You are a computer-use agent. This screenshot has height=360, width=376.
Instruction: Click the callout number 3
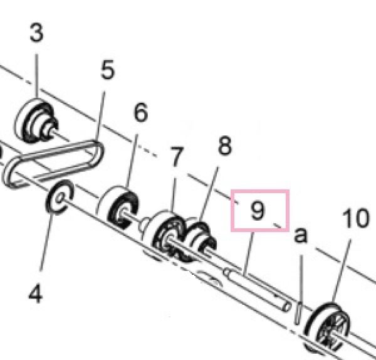[x=36, y=33]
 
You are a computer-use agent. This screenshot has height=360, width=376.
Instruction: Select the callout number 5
[x=108, y=70]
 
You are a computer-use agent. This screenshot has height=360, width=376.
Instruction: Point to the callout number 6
[x=140, y=112]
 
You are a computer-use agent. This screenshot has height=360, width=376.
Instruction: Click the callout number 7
[x=177, y=156]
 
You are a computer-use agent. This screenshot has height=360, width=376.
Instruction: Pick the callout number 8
[x=225, y=146]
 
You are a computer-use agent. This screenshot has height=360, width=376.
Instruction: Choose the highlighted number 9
[x=258, y=210]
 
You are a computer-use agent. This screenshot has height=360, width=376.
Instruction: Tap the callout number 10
[x=355, y=218]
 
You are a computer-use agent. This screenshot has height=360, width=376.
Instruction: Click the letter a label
[x=300, y=236]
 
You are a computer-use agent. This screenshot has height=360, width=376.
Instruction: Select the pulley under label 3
[x=36, y=121]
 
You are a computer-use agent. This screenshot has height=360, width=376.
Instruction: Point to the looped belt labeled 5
[x=53, y=164]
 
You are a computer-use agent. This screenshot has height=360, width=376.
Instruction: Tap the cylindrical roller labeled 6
[x=118, y=207]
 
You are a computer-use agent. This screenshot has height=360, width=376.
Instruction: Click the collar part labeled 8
[x=201, y=238]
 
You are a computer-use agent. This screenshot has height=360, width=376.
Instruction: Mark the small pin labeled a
[x=298, y=314]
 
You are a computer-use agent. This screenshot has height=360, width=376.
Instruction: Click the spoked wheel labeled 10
[x=326, y=328]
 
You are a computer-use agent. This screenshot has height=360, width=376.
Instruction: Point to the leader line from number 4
[x=46, y=242]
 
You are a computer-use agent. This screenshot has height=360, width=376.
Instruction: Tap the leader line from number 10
[x=342, y=271]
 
